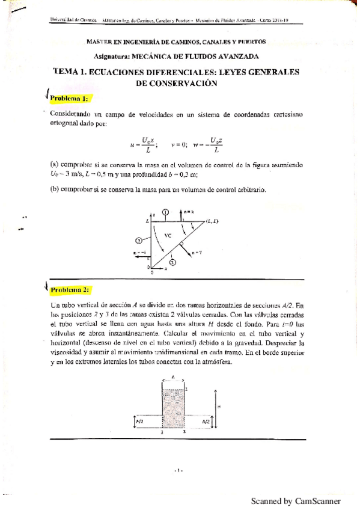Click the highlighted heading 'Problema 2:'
click(70, 290)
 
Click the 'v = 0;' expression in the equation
click(180, 144)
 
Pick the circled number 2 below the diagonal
click(172, 262)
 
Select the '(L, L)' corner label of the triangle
click(212, 221)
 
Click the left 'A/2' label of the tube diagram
click(139, 422)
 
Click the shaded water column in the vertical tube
click(173, 409)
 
